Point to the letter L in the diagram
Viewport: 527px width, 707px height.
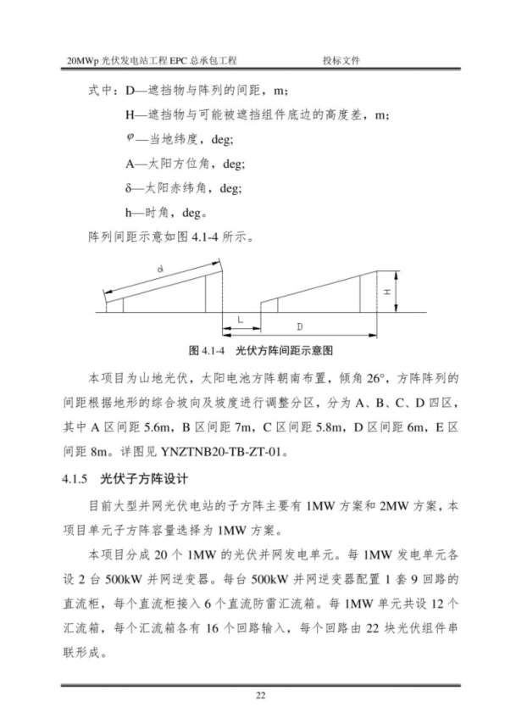tap(240, 320)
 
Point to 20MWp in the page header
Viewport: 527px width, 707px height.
tap(82, 61)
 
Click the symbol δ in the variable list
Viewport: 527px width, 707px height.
tap(126, 186)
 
